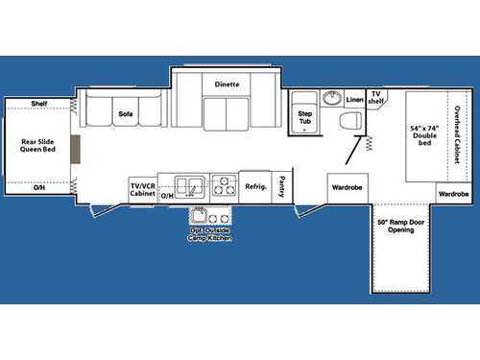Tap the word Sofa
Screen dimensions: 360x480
[x=125, y=114]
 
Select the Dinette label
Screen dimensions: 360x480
[x=227, y=84]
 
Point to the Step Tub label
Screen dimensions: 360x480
[x=304, y=115]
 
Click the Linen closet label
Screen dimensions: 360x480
[x=354, y=99]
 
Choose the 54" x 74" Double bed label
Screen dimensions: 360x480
[x=422, y=135]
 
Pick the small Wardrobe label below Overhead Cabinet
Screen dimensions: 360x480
[x=453, y=194]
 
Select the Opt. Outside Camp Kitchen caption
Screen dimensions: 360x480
[x=209, y=234]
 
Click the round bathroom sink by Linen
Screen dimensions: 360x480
[x=331, y=98]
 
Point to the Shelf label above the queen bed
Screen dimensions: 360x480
[x=38, y=104]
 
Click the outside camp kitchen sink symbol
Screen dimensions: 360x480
[x=201, y=214]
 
